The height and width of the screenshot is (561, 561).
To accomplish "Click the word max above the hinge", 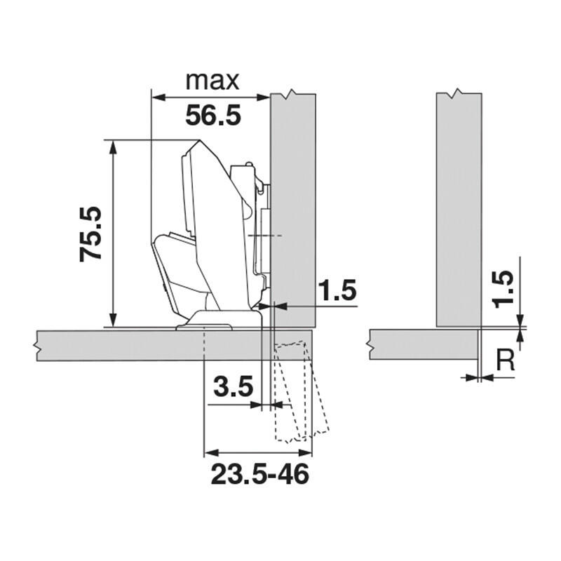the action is pos(212,81).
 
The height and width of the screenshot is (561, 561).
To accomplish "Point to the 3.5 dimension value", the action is pos(234,386).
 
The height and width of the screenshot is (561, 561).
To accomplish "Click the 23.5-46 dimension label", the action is pos(259,474).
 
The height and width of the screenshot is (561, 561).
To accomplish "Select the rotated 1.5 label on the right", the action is pos(503,290).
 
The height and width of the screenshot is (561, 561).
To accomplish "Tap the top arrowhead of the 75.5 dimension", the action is pos(113,147).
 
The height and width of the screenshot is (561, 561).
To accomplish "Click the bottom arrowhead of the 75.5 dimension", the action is pos(113,320).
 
